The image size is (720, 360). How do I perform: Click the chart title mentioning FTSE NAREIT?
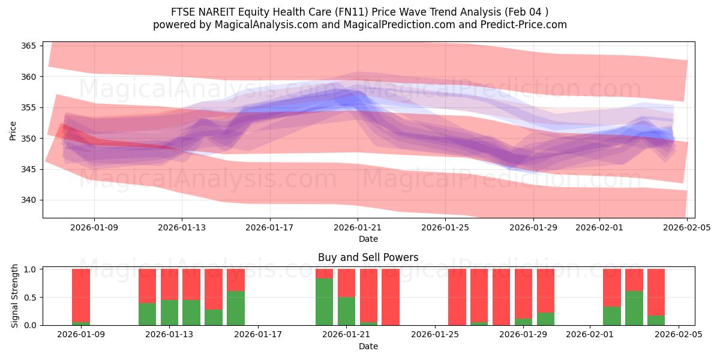pos(359,11)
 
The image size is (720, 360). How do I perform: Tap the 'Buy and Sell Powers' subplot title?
pos(368,257)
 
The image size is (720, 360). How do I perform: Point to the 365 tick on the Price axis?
pos(29,46)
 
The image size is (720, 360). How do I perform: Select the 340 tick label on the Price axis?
pos(29,200)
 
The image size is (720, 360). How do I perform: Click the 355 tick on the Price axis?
pos(29,107)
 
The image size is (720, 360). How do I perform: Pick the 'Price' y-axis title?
pos(13,130)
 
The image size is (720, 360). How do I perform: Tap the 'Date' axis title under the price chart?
pos(368,239)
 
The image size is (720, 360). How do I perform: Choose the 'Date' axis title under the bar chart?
pos(368,346)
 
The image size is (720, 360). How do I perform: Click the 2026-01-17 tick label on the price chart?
pos(270,227)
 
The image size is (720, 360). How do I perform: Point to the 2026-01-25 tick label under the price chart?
pos(445,227)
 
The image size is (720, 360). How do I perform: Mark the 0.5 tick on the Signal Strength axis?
pos(29,297)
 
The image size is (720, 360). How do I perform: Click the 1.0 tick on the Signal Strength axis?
pos(29,269)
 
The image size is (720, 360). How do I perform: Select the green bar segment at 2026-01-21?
pos(346,311)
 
